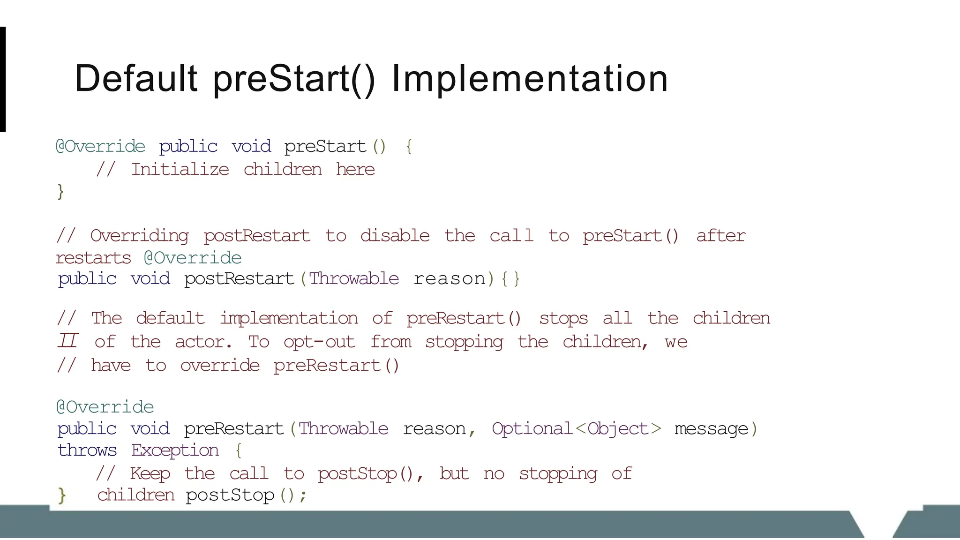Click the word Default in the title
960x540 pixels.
coord(136,78)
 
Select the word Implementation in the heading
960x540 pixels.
coord(530,78)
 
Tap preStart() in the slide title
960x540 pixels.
coord(294,78)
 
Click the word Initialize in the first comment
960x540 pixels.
coord(180,169)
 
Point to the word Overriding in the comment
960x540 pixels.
coord(139,236)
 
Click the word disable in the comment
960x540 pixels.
coord(395,235)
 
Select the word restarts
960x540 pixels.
coord(93,258)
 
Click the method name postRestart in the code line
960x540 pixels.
coord(239,278)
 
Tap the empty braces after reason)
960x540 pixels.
coord(510,279)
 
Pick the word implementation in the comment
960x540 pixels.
coord(289,318)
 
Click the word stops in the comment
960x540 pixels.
coord(563,318)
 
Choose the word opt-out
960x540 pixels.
coord(319,342)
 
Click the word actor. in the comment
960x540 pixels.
coord(203,342)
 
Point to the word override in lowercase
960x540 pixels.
coord(220,366)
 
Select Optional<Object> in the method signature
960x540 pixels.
coord(577,428)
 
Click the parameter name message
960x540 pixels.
coord(711,428)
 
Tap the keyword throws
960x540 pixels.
coord(87,450)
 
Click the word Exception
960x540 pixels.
coord(175,450)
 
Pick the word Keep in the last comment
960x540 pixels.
coord(150,473)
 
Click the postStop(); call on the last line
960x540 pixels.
coord(246,495)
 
